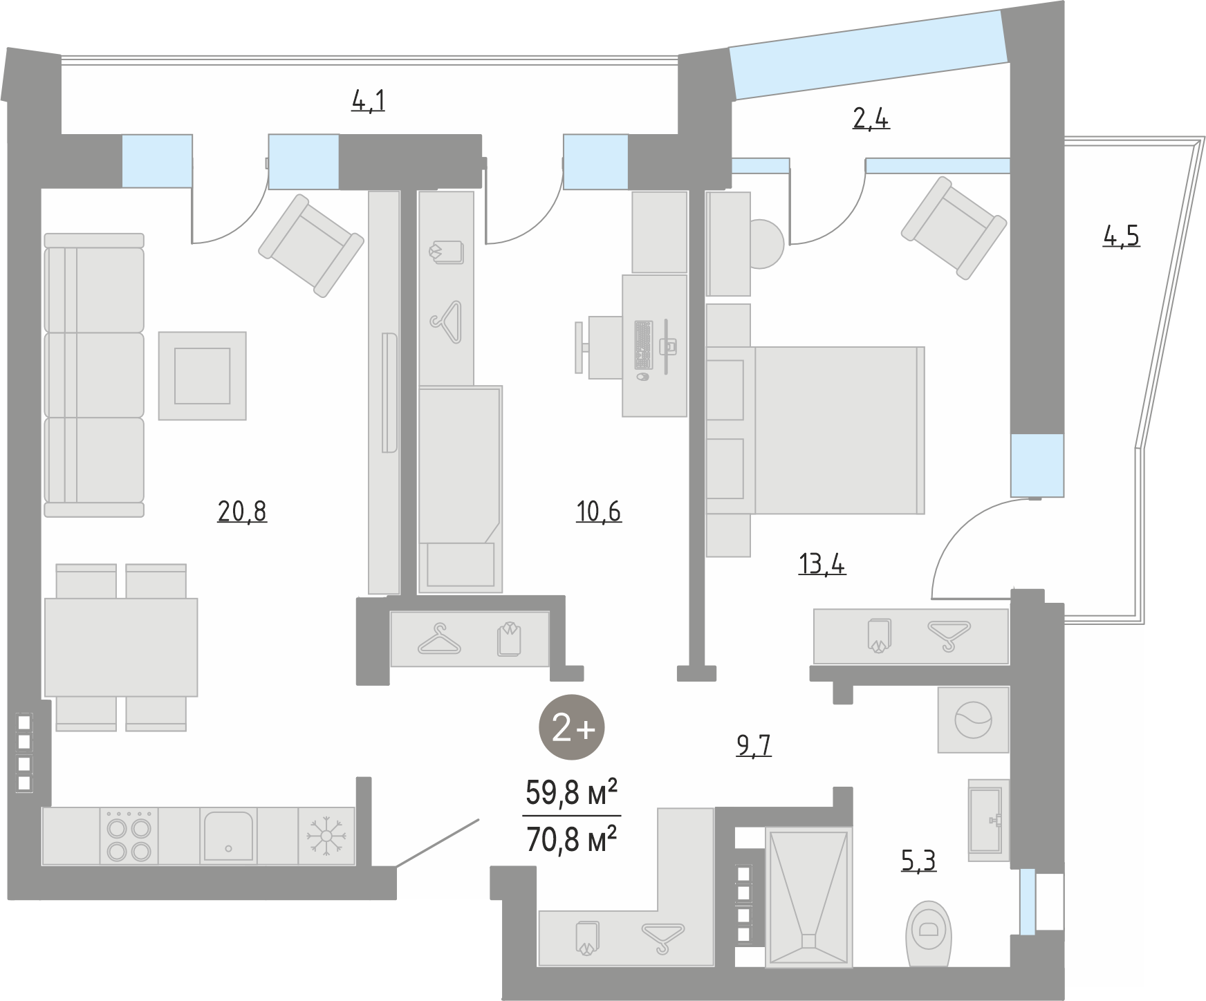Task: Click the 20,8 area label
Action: click(x=242, y=512)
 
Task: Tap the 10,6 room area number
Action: click(x=599, y=512)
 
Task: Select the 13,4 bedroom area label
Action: click(x=822, y=564)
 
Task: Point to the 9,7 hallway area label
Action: click(x=754, y=746)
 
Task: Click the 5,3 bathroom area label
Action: click(x=919, y=861)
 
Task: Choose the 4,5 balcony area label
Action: click(x=1121, y=236)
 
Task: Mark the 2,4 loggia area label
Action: click(x=871, y=119)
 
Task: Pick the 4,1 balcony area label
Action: click(x=369, y=101)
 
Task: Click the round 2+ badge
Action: click(x=572, y=728)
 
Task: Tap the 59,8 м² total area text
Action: click(x=571, y=793)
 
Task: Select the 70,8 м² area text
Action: click(x=571, y=840)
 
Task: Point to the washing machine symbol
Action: click(x=973, y=720)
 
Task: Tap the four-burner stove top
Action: click(x=129, y=836)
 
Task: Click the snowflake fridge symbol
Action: click(x=326, y=836)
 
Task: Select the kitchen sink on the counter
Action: click(x=228, y=836)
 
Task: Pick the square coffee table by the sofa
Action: click(x=202, y=375)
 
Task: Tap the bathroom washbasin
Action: click(x=988, y=820)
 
